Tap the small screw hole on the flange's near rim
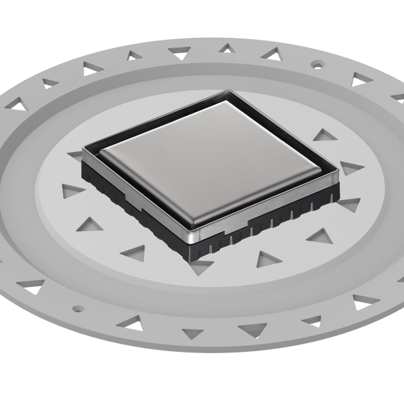click(x=78, y=308)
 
